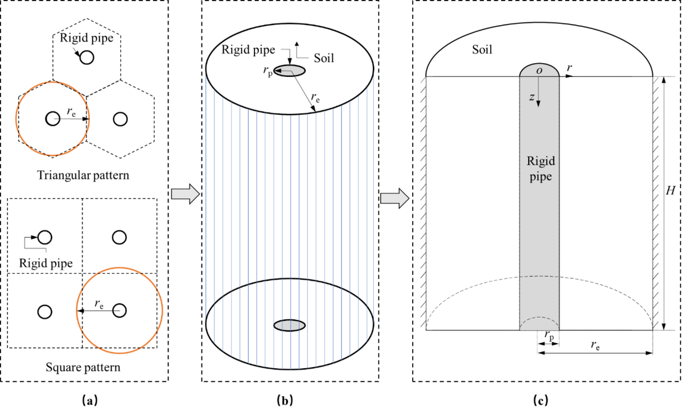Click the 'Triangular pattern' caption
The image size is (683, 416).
click(83, 175)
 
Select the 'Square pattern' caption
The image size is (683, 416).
click(83, 367)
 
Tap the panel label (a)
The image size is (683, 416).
click(90, 400)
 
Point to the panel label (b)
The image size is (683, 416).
click(285, 400)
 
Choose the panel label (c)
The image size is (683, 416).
click(541, 400)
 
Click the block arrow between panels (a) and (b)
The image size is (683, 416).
click(186, 194)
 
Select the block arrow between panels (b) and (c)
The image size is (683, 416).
click(395, 199)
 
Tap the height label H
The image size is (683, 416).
click(670, 191)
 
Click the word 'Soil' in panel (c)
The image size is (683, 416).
click(482, 50)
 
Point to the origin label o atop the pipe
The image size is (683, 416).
click(540, 71)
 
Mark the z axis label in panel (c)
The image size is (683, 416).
click(532, 97)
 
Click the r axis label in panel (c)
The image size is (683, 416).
click(569, 68)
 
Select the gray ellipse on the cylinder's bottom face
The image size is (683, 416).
click(289, 326)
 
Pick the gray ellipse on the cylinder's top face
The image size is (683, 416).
click(289, 71)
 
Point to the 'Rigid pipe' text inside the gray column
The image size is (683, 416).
click(541, 169)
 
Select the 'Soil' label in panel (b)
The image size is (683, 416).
click(324, 58)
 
